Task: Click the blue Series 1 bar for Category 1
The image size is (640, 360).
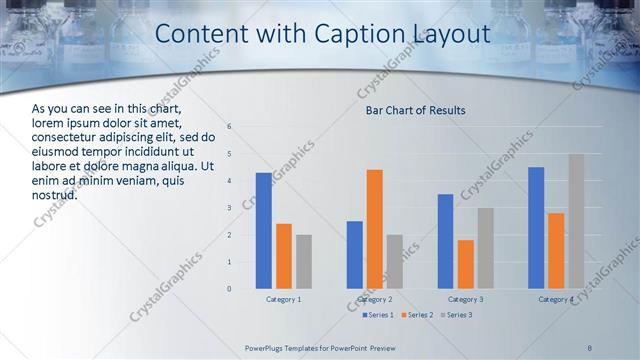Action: [x=263, y=231]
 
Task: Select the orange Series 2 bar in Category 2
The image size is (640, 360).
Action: [x=375, y=229]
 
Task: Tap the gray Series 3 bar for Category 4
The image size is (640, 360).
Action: [x=577, y=221]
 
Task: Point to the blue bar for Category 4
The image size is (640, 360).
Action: [x=536, y=228]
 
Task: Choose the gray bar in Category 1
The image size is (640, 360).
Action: [x=304, y=262]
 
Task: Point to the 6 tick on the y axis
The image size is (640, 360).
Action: [x=229, y=127]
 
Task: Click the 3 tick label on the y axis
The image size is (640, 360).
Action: [x=229, y=208]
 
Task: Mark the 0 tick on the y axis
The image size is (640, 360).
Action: [x=229, y=289]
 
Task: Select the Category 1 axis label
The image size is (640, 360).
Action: [x=284, y=299]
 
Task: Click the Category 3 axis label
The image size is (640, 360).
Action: [x=466, y=299]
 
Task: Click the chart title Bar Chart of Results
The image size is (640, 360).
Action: [x=415, y=110]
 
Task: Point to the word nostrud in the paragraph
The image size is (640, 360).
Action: [x=55, y=194]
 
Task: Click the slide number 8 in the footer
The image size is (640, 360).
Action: [x=590, y=347]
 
